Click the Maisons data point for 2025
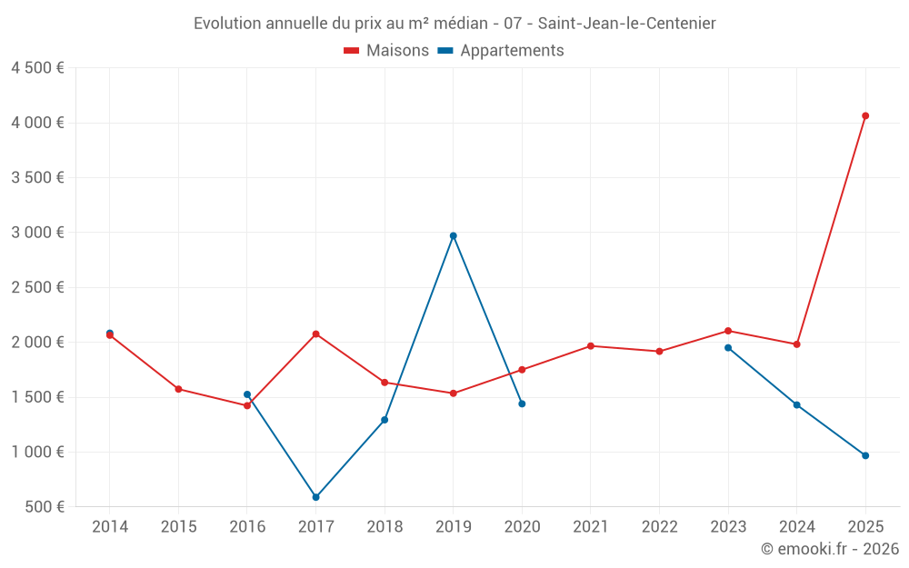865,115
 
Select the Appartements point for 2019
454,235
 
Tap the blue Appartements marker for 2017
316,497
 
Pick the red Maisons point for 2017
316,334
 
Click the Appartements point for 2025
865,455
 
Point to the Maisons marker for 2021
591,345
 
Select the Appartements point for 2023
728,347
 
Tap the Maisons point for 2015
178,389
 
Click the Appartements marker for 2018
385,420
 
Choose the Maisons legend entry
386,51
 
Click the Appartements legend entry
501,51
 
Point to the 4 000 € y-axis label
37,123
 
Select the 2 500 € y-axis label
37,287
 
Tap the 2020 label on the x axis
522,526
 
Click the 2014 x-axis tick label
110,526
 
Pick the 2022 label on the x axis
659,526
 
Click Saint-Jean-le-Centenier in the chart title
626,24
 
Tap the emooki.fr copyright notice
830,549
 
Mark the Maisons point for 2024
796,344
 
